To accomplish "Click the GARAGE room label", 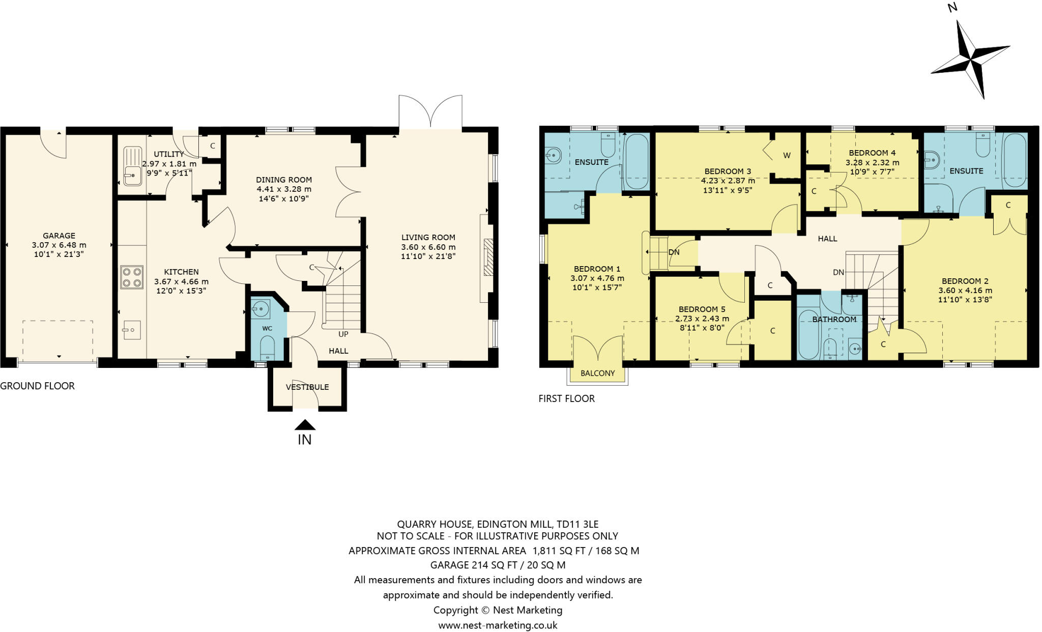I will [x=59, y=236].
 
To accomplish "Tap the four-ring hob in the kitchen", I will [x=131, y=277].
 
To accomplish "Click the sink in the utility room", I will [x=132, y=166].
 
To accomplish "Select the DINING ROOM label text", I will [x=284, y=180].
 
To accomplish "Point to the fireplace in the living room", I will [x=488, y=257].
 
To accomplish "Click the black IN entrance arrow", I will [x=305, y=425].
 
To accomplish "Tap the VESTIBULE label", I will [x=307, y=387].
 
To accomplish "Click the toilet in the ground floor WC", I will [x=267, y=348].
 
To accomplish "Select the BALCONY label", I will [x=597, y=373].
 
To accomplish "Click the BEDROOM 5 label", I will [x=702, y=309].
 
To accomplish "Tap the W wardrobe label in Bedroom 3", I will [x=787, y=156].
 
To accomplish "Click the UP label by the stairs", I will [x=343, y=334].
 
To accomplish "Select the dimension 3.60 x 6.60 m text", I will [x=428, y=247].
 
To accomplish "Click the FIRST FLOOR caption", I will [x=566, y=398].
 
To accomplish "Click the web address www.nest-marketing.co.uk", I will [x=498, y=625].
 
